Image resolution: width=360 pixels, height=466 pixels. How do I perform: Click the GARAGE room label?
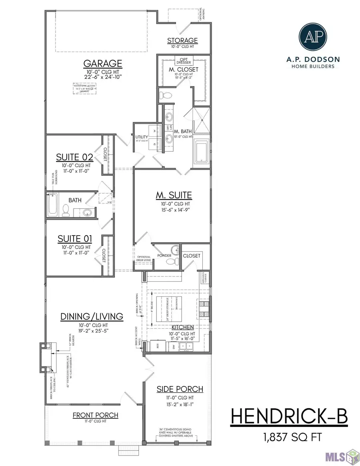pyautogui.click(x=102, y=64)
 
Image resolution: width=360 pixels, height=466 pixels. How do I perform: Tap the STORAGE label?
pyautogui.click(x=182, y=40)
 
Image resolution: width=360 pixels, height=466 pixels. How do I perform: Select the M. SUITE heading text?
pyautogui.click(x=174, y=195)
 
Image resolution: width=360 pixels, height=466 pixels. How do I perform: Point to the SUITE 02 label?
pyautogui.click(x=75, y=157)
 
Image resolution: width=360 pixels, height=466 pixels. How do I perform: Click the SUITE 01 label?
pyautogui.click(x=75, y=239)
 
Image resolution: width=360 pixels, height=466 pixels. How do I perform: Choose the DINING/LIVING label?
pyautogui.click(x=92, y=316)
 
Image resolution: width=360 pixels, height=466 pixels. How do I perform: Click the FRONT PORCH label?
pyautogui.click(x=95, y=415)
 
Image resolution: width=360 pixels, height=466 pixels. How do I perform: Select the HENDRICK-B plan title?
pyautogui.click(x=289, y=417)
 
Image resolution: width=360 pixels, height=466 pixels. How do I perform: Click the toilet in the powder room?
pyautogui.click(x=171, y=262)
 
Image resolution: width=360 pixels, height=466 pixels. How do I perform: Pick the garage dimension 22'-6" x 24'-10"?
pyautogui.click(x=102, y=76)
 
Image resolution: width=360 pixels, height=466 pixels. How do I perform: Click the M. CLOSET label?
pyautogui.click(x=184, y=69)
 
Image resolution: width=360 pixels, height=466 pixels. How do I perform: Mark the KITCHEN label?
pyautogui.click(x=182, y=327)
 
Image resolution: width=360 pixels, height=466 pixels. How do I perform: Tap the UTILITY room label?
pyautogui.click(x=142, y=137)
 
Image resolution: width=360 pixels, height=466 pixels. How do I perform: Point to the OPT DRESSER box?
pyautogui.click(x=184, y=61)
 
